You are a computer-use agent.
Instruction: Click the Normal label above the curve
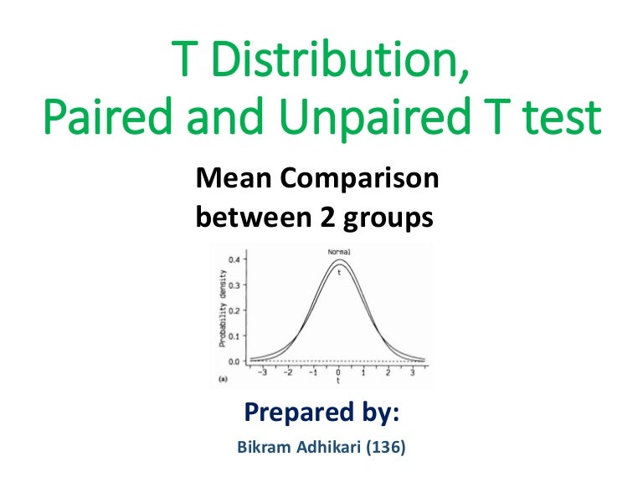click(x=338, y=251)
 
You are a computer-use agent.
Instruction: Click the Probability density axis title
click(x=223, y=309)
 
